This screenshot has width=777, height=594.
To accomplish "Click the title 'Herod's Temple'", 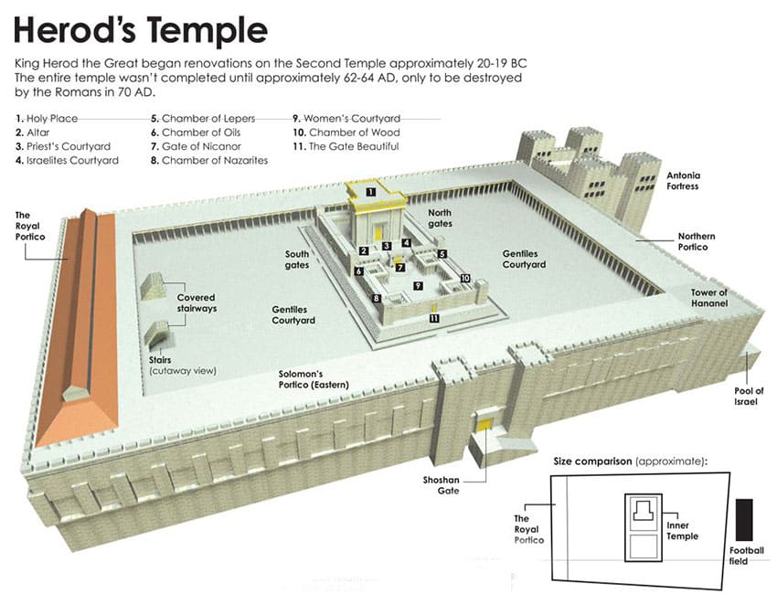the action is coord(140,30).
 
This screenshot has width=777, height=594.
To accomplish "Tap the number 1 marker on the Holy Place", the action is coord(370,192).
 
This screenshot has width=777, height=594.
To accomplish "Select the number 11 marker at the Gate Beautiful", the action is coord(434,318).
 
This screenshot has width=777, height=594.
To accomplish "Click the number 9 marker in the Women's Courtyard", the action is coord(419,286).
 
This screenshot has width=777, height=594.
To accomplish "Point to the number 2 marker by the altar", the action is coord(364,250).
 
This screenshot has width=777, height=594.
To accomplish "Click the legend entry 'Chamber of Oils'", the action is coord(196,133).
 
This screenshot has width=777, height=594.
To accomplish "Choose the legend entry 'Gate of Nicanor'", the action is coord(196,146).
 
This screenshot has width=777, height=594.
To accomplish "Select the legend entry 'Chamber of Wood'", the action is coord(346,133).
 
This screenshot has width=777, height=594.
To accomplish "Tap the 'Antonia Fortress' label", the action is coord(683,181).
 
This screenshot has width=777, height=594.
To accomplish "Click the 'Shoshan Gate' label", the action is coord(441,485).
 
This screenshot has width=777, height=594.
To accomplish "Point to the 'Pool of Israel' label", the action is coord(749,397).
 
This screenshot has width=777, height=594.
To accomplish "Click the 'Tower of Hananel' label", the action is coord(709,298).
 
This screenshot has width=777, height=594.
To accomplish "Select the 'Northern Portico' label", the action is coord(697,242).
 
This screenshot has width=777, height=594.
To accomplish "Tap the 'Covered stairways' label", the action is coord(197,302).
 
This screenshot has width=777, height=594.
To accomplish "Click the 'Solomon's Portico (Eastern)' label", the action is coord(314,379).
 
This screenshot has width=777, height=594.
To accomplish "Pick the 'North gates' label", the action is coord(440,218).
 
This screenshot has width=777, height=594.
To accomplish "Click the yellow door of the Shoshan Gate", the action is coord(484,424).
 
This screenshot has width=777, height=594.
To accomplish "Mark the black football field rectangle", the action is coord(744,520).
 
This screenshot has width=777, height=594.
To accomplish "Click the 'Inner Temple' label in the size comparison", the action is coord(682,531).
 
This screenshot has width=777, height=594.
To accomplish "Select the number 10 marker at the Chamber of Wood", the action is coord(464,279).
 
